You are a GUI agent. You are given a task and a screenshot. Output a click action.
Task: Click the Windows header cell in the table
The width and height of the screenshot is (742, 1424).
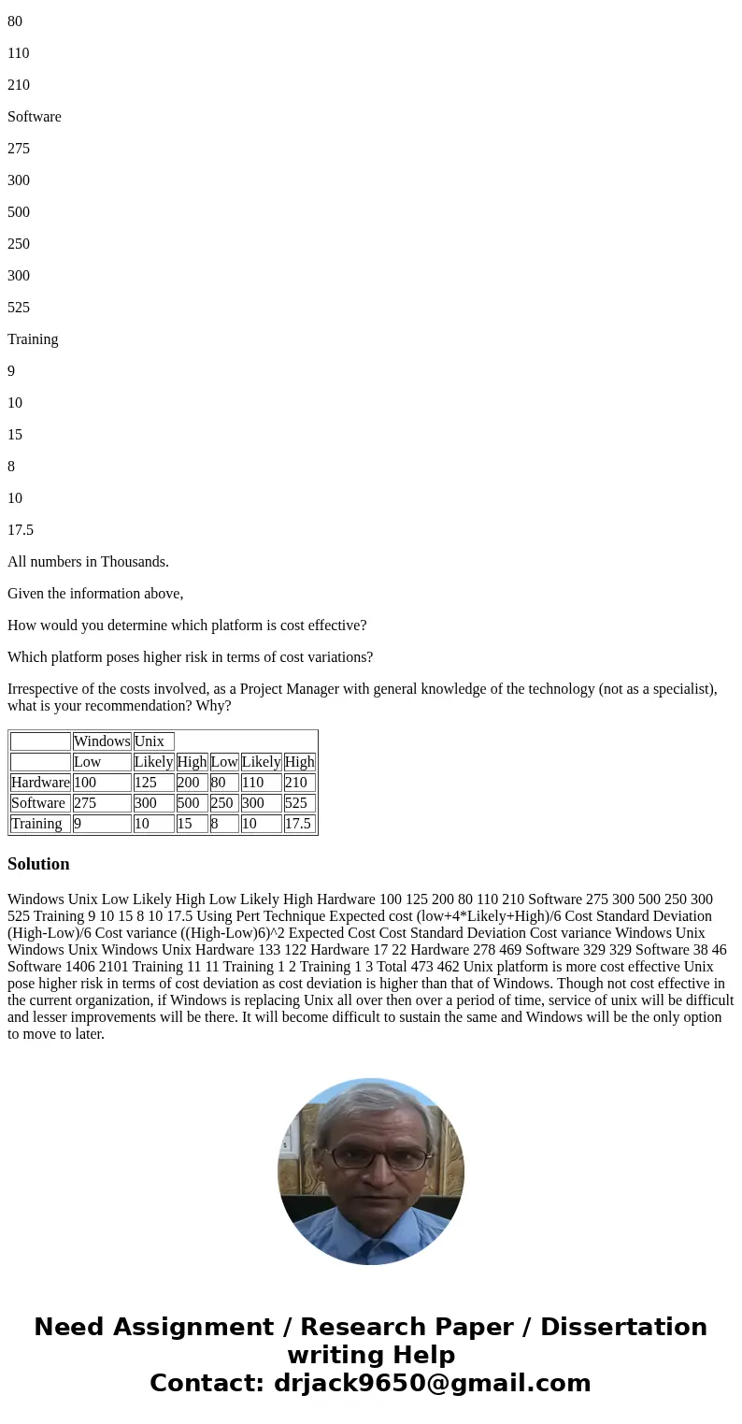(x=102, y=741)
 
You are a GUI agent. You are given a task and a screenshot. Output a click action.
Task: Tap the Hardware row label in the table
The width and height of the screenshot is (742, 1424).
(x=40, y=783)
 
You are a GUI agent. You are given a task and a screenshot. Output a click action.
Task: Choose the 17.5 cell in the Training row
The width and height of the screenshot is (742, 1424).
(x=298, y=824)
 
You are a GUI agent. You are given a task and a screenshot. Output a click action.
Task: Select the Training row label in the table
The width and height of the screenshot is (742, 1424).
(x=37, y=824)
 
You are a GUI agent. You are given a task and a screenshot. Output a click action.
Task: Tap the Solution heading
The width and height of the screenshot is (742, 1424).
(x=38, y=864)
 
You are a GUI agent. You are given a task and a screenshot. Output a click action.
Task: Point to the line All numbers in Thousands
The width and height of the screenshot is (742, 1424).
(x=88, y=562)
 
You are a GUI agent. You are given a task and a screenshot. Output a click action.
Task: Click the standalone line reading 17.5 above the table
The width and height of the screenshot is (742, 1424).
(x=21, y=530)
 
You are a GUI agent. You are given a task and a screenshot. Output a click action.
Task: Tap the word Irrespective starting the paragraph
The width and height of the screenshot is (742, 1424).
(x=47, y=689)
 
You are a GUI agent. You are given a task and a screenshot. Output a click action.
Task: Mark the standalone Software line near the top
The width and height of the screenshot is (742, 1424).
(x=35, y=117)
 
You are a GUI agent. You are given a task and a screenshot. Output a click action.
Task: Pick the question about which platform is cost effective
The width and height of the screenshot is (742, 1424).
(x=187, y=626)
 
